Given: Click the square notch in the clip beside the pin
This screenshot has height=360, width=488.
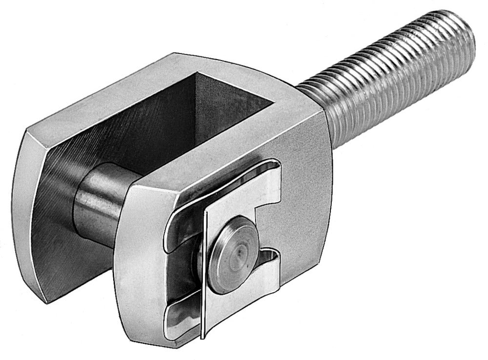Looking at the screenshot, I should click(x=268, y=222).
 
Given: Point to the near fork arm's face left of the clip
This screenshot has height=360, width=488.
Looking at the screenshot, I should click(x=139, y=259).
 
